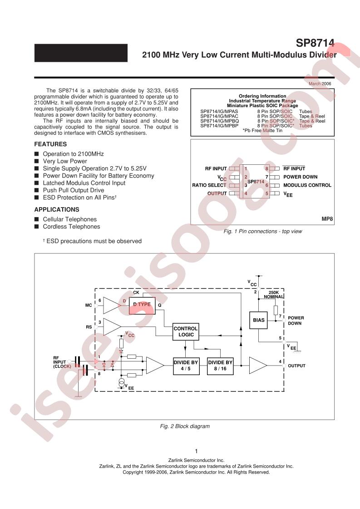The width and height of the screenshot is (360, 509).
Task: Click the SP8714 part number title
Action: pyautogui.click(x=315, y=43)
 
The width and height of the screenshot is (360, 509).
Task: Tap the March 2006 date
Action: pyautogui.click(x=320, y=84)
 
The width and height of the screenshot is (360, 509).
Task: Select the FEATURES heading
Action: pyautogui.click(x=50, y=144)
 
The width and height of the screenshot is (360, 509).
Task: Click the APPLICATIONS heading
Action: pyautogui.click(x=57, y=209)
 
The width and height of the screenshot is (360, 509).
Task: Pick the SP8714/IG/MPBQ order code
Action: pyautogui.click(x=219, y=121)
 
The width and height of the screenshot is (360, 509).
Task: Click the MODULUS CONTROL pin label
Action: pyautogui.click(x=307, y=185)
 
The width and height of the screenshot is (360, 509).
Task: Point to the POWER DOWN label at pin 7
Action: pyautogui.click(x=300, y=177)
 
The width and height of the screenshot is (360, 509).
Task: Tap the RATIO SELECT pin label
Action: pyautogui.click(x=209, y=185)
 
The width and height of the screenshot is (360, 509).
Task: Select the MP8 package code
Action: pyautogui.click(x=327, y=219)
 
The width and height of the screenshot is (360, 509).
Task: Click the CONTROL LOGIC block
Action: pyautogui.click(x=186, y=331)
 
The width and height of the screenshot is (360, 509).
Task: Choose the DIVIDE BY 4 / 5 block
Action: pyautogui.click(x=186, y=366)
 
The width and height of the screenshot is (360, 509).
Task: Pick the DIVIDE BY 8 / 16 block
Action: pyautogui.click(x=220, y=366)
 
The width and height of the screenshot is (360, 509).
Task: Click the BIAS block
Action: pyautogui.click(x=259, y=321)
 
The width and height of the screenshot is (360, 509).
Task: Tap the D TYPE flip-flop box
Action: pyautogui.click(x=142, y=306)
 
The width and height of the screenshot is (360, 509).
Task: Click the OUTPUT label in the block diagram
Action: pyautogui.click(x=297, y=366)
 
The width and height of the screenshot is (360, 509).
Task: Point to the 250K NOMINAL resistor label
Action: pyautogui.click(x=274, y=294)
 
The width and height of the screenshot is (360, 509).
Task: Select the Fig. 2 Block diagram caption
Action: pyautogui.click(x=185, y=426)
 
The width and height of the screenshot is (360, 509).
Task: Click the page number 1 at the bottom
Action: pyautogui.click(x=197, y=451)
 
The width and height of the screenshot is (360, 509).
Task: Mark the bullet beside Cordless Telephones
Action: pyautogui.click(x=37, y=226)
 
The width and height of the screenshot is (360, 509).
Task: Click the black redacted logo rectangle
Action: pyautogui.click(x=81, y=53)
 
